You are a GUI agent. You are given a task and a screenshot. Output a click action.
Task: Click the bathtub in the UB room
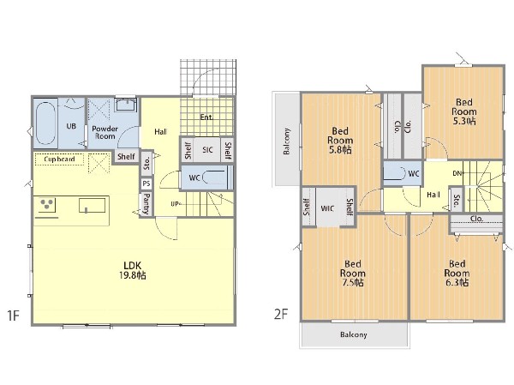click(45, 123)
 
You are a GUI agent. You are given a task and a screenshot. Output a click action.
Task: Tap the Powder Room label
click(105, 132)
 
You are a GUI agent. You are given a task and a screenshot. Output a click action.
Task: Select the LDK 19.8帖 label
click(133, 270)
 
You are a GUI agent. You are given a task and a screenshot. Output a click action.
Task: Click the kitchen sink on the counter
click(93, 206)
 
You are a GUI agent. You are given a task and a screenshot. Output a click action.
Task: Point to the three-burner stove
click(47, 205)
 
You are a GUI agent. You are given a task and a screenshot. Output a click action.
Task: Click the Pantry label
click(146, 203)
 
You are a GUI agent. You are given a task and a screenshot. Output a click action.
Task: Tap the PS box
click(146, 183)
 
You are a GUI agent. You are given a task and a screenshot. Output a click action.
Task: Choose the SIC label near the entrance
click(207, 150)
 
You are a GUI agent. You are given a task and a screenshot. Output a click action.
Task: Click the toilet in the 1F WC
click(214, 177)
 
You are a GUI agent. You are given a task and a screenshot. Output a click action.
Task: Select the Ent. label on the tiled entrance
click(206, 117)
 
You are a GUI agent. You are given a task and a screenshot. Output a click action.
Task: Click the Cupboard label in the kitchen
click(59, 159)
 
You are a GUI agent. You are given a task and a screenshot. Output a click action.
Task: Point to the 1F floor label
click(14, 316)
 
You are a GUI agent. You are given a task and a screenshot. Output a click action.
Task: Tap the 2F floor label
click(281, 314)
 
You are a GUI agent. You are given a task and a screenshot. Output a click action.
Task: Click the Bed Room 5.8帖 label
click(340, 141)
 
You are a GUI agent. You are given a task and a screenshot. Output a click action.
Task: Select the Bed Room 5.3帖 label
click(463, 111)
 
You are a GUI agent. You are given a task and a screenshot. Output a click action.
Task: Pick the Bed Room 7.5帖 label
click(352, 273)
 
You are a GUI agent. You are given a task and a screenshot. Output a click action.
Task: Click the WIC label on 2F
click(327, 208)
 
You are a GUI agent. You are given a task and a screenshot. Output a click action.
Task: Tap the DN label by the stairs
click(457, 173)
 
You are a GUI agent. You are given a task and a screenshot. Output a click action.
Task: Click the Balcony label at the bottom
click(353, 334)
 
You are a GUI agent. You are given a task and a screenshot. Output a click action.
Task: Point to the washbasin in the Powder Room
click(126, 105)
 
